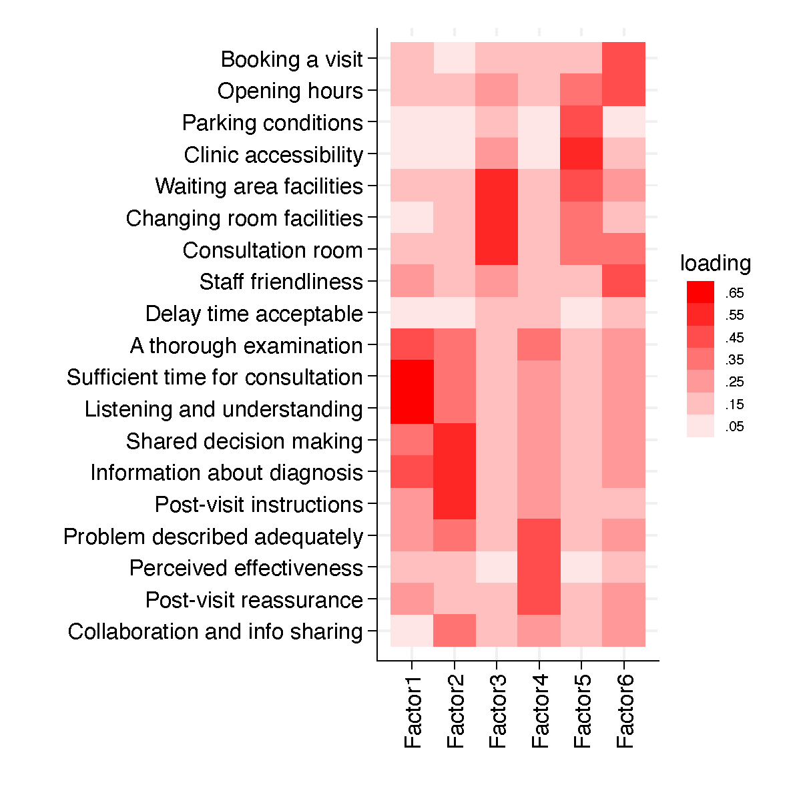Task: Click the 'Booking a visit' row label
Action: click(292, 59)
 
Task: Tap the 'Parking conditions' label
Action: click(272, 123)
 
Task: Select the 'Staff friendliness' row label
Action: click(281, 282)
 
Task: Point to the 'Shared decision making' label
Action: click(244, 441)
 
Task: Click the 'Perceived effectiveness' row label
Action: click(246, 568)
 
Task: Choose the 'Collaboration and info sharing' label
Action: click(216, 631)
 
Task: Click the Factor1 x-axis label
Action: click(413, 712)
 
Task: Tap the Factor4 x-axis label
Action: click(539, 712)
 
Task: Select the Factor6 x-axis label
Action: click(625, 712)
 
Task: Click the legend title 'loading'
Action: click(716, 264)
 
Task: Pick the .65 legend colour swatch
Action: click(700, 292)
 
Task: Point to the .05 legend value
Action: click(734, 427)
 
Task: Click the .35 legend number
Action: click(734, 360)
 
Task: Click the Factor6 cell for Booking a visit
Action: click(624, 58)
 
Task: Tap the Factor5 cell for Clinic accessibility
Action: click(581, 154)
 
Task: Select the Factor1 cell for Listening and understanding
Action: click(412, 408)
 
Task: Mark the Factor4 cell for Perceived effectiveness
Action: click(539, 567)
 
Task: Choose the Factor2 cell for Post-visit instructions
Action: click(455, 503)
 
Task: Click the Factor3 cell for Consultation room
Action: click(497, 249)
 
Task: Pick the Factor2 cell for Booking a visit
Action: click(455, 58)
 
